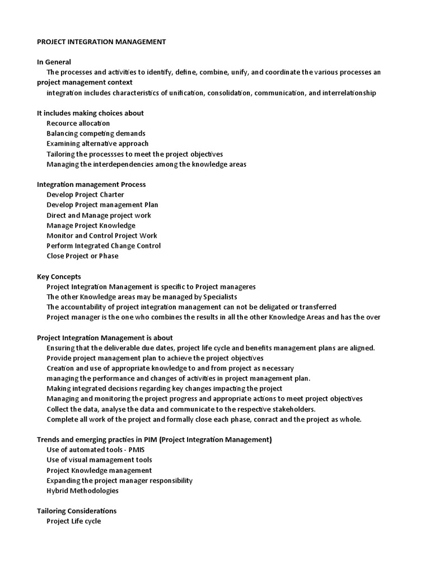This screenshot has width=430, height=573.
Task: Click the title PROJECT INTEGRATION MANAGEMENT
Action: point(101,41)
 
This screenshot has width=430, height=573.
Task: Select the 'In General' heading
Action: point(54,62)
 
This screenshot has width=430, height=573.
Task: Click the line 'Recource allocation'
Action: point(78,123)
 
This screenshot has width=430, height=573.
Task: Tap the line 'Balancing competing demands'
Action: point(96,133)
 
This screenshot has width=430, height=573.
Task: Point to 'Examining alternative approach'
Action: point(97,144)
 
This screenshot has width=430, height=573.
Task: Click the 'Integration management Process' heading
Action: point(91,184)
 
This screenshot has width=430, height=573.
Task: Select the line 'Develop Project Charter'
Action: point(85,195)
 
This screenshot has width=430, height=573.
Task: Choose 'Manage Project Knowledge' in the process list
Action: point(91,226)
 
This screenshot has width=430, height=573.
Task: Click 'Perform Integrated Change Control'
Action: point(104,246)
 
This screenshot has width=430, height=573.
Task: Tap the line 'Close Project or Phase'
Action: point(82,256)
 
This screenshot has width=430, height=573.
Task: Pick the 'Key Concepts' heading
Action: point(59,276)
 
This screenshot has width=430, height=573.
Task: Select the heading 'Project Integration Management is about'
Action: point(105,337)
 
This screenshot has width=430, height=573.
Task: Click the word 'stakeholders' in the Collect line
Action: point(294,409)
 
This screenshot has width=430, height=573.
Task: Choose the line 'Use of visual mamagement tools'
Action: point(99,460)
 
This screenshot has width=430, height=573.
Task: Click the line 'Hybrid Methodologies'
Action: point(82,491)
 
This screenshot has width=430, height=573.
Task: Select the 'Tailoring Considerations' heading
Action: point(77,511)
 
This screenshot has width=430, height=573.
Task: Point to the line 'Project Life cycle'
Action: point(74,521)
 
